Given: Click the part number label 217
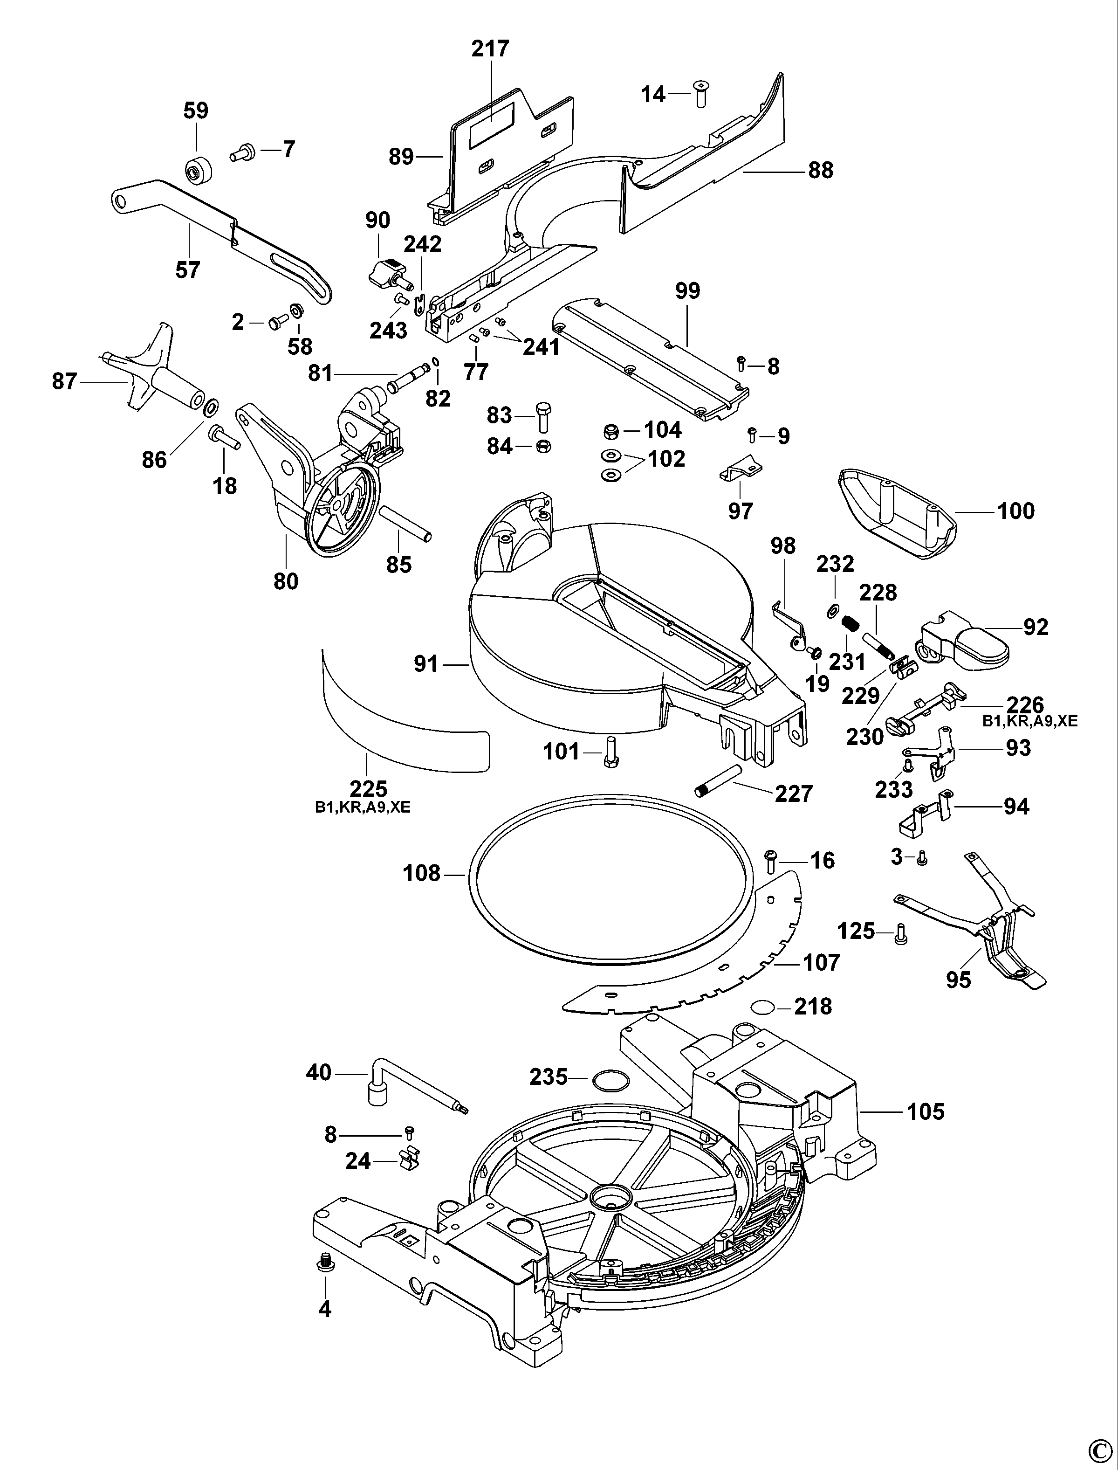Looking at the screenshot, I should click(490, 48).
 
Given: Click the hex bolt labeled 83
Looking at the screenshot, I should click(543, 416).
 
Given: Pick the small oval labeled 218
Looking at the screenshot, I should click(762, 1006).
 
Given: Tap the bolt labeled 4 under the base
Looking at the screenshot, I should click(325, 1263).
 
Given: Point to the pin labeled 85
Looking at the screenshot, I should click(405, 525).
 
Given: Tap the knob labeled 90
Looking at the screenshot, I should click(384, 271).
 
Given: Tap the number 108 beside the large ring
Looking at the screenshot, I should click(421, 873).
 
